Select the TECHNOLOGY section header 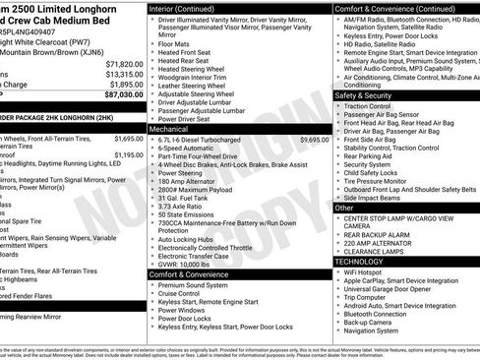(360, 262)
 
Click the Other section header (345, 208)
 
